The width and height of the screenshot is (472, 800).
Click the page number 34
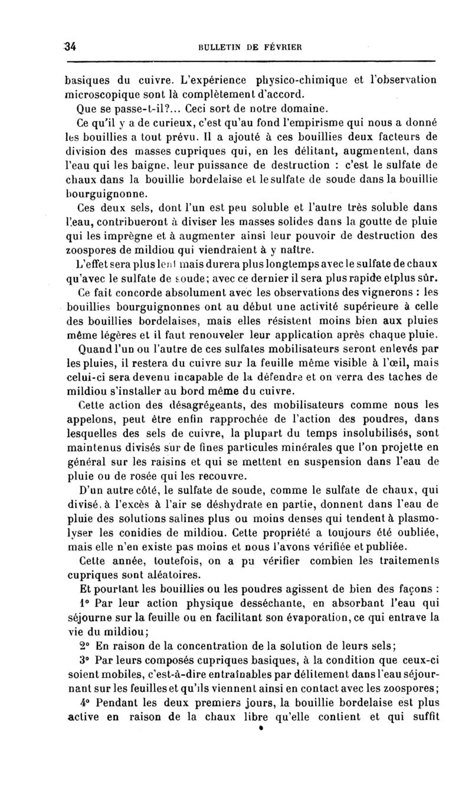tap(73, 48)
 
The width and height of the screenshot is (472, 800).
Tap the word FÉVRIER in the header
tap(284, 48)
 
